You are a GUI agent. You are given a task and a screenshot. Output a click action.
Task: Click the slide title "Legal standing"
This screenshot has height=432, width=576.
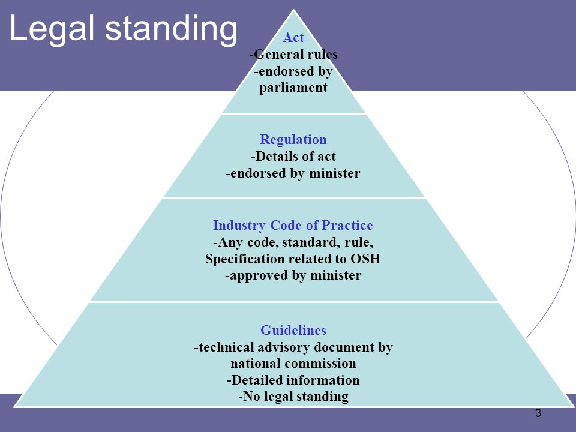124,29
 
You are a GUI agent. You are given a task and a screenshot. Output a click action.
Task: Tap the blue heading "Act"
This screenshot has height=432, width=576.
293,37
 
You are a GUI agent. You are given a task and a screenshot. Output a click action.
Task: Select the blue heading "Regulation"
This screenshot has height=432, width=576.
293,140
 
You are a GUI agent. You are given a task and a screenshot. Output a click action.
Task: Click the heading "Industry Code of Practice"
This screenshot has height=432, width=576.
293,225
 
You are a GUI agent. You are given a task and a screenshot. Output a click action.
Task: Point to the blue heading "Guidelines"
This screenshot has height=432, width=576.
293,330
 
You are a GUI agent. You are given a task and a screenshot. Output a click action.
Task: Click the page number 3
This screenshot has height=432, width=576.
538,413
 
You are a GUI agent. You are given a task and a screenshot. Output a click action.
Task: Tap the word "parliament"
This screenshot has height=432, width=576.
293,88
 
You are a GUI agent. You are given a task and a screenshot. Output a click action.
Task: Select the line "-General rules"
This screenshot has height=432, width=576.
293,55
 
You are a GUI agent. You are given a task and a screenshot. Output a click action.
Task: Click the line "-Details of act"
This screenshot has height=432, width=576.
293,157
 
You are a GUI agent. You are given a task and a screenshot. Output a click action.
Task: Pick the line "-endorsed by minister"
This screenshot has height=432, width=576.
293,173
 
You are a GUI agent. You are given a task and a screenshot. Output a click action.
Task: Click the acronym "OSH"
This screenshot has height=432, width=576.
365,259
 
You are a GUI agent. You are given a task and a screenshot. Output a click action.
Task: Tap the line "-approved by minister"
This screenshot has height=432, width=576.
293,275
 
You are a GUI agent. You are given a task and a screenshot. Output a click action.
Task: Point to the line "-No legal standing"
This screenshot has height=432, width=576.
293,397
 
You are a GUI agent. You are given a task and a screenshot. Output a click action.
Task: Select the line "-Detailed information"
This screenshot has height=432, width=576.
293,380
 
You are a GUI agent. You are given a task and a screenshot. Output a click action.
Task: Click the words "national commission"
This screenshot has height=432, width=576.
293,364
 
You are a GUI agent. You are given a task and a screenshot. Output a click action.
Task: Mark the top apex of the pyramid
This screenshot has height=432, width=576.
293,10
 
